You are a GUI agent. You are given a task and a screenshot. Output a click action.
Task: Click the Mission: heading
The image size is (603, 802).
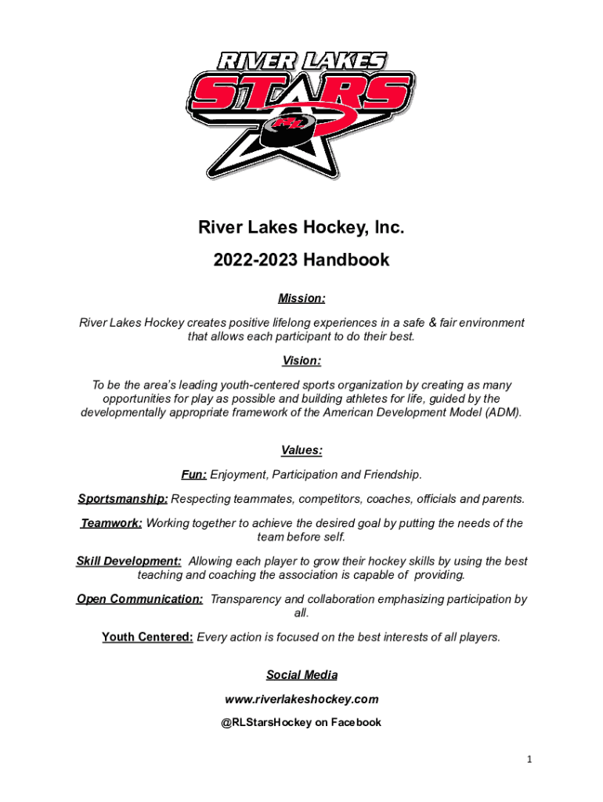pos(301,298)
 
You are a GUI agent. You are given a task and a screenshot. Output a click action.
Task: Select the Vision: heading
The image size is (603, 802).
pos(301,361)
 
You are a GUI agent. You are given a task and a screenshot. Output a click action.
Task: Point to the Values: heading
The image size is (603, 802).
pos(301,450)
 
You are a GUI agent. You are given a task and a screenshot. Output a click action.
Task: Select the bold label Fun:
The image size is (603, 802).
pos(194,475)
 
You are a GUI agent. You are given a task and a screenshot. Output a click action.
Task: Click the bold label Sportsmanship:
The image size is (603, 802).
pos(123,499)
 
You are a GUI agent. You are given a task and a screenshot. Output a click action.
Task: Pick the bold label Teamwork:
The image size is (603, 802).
pos(111,523)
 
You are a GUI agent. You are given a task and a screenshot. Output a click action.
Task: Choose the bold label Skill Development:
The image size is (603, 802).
pos(129,562)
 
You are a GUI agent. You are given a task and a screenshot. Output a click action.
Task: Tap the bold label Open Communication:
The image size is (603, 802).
pos(140,599)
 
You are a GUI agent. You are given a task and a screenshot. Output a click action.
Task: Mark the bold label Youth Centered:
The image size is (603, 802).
pos(147,638)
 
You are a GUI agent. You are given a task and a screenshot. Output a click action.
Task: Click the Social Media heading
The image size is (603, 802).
pos(301,675)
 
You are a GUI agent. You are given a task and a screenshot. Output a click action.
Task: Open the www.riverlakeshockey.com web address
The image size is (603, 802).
pos(301,699)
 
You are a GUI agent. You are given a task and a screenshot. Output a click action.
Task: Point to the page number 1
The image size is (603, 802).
pos(529,759)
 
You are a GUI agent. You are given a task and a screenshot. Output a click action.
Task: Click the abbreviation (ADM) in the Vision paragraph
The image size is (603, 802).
pos(501,413)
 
